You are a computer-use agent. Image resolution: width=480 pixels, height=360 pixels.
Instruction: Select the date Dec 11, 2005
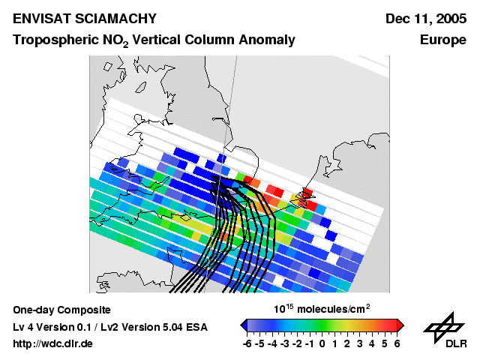[x=425, y=19]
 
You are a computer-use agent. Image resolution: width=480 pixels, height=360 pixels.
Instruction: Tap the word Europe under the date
[x=443, y=40]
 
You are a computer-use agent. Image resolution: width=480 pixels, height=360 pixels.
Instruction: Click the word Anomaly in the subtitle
[x=265, y=40]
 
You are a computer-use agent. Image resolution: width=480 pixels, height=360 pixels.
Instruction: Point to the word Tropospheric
[x=50, y=40]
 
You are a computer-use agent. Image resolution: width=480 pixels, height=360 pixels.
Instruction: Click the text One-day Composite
[x=62, y=310]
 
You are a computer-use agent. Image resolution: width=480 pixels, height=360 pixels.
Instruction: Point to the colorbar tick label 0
[x=322, y=343]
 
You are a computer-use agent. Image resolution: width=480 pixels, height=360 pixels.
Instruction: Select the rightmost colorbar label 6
[x=397, y=343]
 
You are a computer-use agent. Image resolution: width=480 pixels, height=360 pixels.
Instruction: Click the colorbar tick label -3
[x=283, y=343]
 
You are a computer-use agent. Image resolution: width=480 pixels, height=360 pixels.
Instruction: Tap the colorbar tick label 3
[x=360, y=343]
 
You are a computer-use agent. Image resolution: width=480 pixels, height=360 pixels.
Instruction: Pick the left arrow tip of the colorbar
[x=242, y=325]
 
